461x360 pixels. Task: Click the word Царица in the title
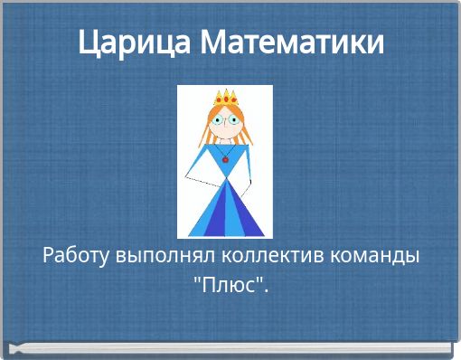132,43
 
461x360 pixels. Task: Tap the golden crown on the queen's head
224,96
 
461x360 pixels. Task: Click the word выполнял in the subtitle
157,255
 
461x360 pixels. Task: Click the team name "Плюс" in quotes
230,285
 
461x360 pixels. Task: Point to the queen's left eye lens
217,118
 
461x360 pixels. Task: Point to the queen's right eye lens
232,118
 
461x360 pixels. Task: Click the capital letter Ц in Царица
87,43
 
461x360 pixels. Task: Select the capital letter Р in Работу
49,255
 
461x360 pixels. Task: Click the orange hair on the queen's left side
207,131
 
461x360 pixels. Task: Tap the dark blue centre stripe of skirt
225,213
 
